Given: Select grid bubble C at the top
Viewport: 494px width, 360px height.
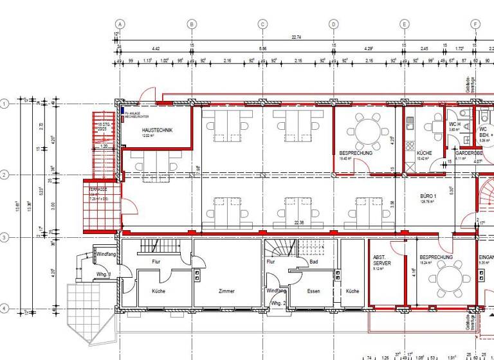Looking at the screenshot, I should tap(262, 24).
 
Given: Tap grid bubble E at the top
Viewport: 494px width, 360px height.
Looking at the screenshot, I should tap(405, 24).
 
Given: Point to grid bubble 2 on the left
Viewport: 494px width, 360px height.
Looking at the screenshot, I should tap(5, 174).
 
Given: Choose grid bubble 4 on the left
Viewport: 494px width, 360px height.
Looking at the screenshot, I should tap(5, 309).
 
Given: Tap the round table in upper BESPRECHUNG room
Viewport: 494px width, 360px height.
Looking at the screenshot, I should tap(368, 132).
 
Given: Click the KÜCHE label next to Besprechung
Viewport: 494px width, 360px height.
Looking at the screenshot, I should tap(415, 152).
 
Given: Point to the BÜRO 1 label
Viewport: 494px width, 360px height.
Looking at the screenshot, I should tap(428, 195).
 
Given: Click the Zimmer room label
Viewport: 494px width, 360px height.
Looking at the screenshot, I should tap(226, 291).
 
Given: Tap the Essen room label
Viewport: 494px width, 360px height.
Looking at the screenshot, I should tap(313, 291).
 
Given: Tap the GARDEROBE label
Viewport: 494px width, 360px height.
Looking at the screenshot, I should tap(469, 154).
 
